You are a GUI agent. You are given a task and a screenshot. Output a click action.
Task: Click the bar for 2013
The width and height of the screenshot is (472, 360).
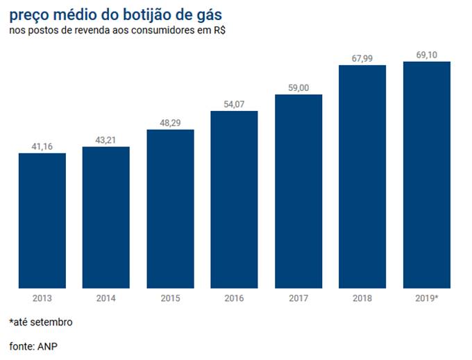(x=42, y=220)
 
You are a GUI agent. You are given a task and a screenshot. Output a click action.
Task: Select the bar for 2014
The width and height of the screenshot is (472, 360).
(x=106, y=217)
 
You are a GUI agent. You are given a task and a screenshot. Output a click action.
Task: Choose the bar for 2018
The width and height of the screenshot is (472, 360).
(x=362, y=176)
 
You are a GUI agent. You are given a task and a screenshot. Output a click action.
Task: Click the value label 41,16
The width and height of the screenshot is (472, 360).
(x=42, y=146)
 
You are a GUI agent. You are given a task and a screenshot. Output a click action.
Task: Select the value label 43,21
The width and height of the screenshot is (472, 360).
(x=106, y=140)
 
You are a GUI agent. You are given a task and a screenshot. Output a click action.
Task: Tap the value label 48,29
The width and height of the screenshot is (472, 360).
(x=170, y=123)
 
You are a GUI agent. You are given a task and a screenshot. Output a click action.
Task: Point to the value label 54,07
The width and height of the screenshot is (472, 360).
(x=234, y=104)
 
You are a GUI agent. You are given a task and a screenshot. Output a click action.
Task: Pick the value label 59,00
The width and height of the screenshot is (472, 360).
(x=298, y=87)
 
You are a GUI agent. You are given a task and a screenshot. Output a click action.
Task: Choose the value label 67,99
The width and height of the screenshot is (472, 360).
(x=362, y=58)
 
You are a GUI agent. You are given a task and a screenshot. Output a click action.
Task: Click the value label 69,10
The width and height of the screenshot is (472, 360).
(x=426, y=55)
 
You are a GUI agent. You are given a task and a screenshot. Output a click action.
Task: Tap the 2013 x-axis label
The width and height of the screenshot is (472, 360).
(x=42, y=298)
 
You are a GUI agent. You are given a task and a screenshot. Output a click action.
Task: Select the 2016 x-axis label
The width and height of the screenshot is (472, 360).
(x=234, y=298)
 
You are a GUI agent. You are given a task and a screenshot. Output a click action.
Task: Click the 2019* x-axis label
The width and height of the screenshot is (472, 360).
(x=426, y=298)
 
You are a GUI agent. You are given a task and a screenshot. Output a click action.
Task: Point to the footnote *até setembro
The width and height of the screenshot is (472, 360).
(x=41, y=323)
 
